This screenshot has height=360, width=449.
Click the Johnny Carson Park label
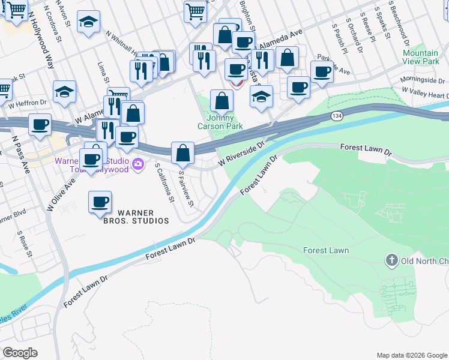click(220, 122)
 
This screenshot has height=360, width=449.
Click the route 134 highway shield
click(339, 116)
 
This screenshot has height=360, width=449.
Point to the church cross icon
click(391, 260)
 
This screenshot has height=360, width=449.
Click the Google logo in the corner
click(20, 353)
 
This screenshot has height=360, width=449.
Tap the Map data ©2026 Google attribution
click(412, 355)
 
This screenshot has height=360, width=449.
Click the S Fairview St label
click(186, 188)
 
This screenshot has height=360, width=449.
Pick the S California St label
click(164, 182)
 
